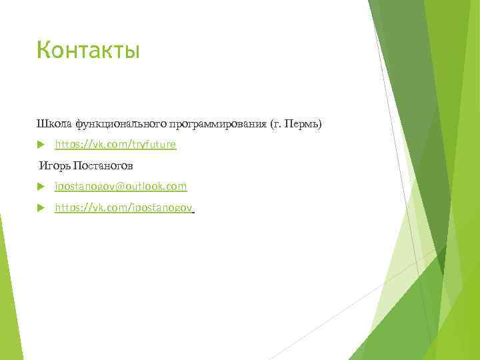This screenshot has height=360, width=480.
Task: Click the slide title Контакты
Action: click(x=88, y=50)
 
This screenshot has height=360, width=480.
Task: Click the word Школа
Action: click(x=55, y=123)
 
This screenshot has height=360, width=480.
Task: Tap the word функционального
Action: click(x=121, y=123)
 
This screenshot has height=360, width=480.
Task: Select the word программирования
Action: click(x=218, y=123)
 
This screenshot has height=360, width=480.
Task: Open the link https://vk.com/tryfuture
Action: click(x=115, y=145)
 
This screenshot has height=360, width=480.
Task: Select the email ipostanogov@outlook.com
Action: click(x=121, y=187)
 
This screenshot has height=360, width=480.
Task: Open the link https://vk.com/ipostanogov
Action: click(x=123, y=208)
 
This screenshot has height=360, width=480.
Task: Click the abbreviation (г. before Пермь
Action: click(x=276, y=123)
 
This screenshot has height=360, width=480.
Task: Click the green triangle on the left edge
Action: click(x=5, y=287)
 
